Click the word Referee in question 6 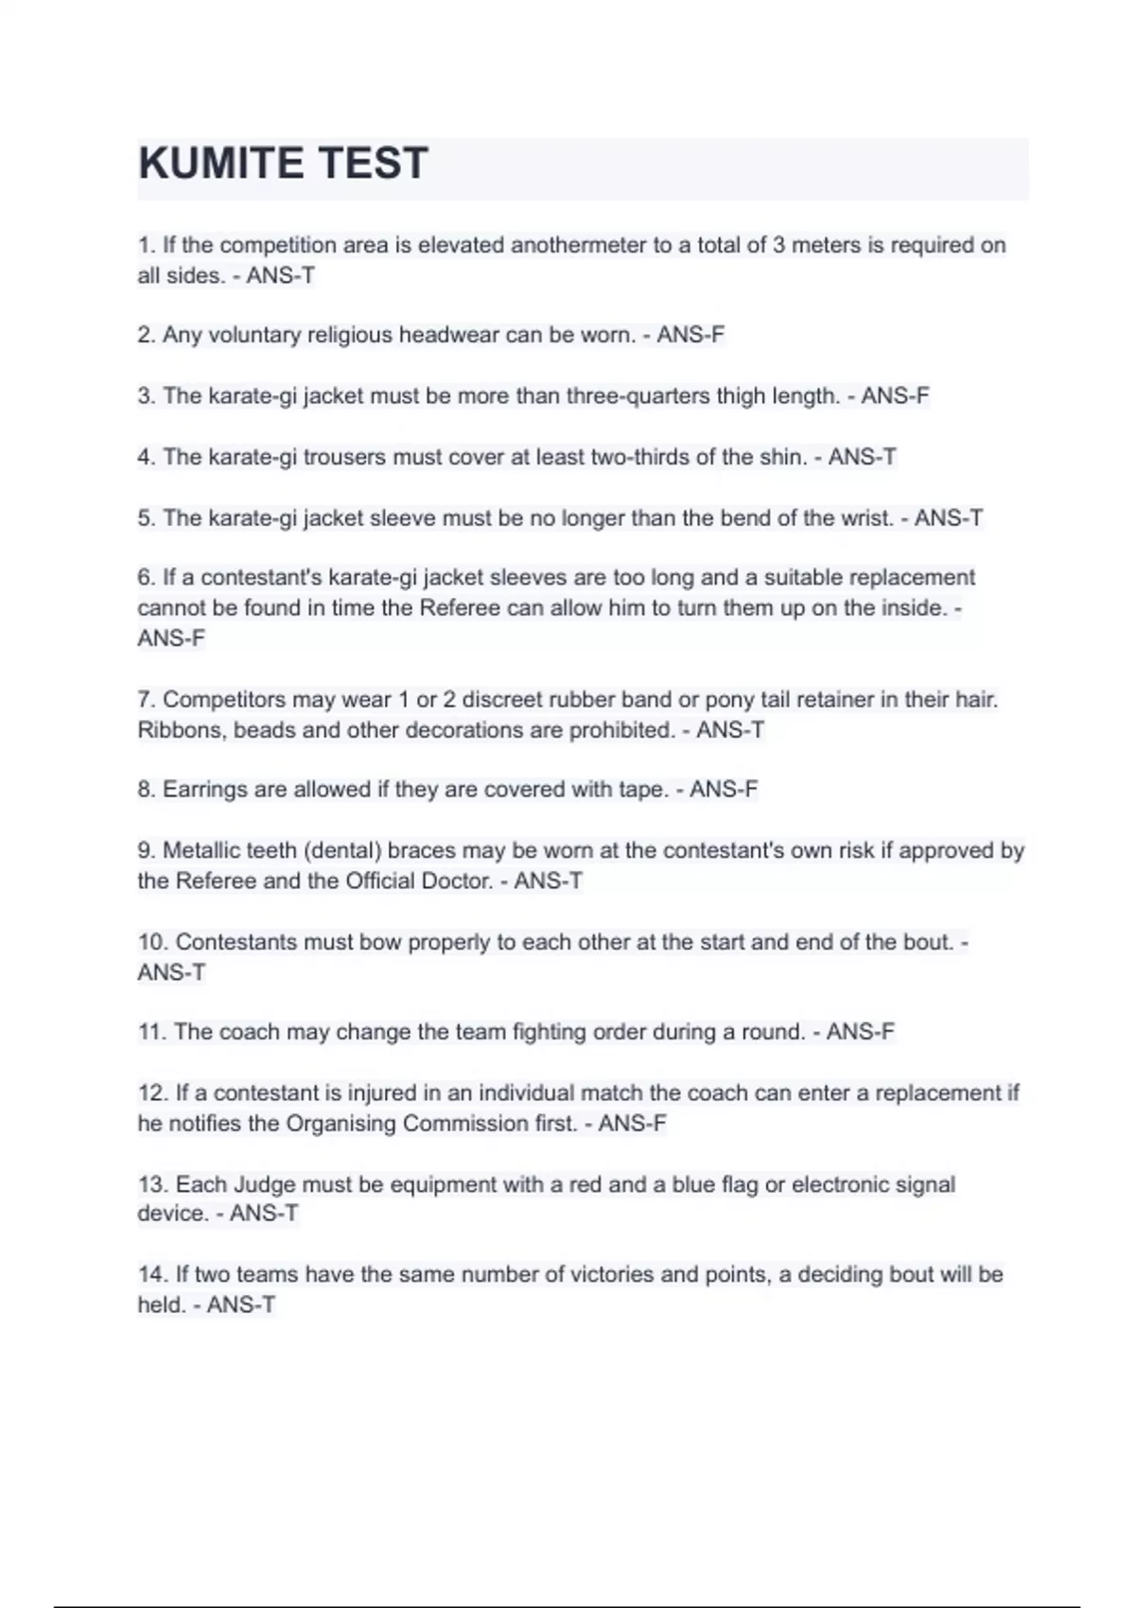pos(459,608)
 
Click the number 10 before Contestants pos(151,942)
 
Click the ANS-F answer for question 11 pos(860,1032)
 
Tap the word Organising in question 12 pos(340,1124)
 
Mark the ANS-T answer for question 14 pos(241,1305)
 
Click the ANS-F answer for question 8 pos(724,790)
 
